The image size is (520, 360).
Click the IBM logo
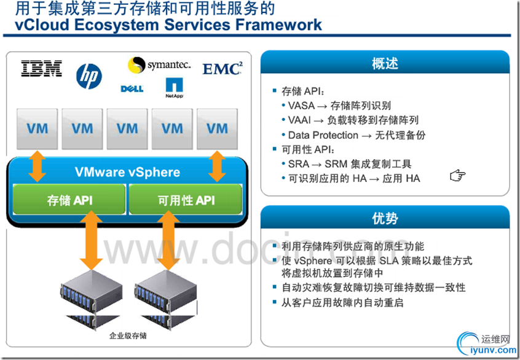(x=42, y=68)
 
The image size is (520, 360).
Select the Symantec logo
(x=159, y=65)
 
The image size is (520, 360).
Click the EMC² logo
(x=222, y=68)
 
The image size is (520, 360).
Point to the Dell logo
(x=133, y=89)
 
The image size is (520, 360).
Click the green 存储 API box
(x=69, y=200)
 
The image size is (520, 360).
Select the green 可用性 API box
(x=185, y=200)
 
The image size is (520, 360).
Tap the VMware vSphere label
(x=127, y=172)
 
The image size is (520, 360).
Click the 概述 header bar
(x=385, y=63)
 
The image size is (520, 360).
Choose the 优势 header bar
(x=385, y=218)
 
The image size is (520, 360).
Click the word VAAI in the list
(x=301, y=120)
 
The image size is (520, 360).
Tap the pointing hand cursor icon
(x=457, y=177)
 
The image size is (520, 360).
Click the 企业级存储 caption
(x=128, y=337)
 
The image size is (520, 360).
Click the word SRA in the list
(x=299, y=165)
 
